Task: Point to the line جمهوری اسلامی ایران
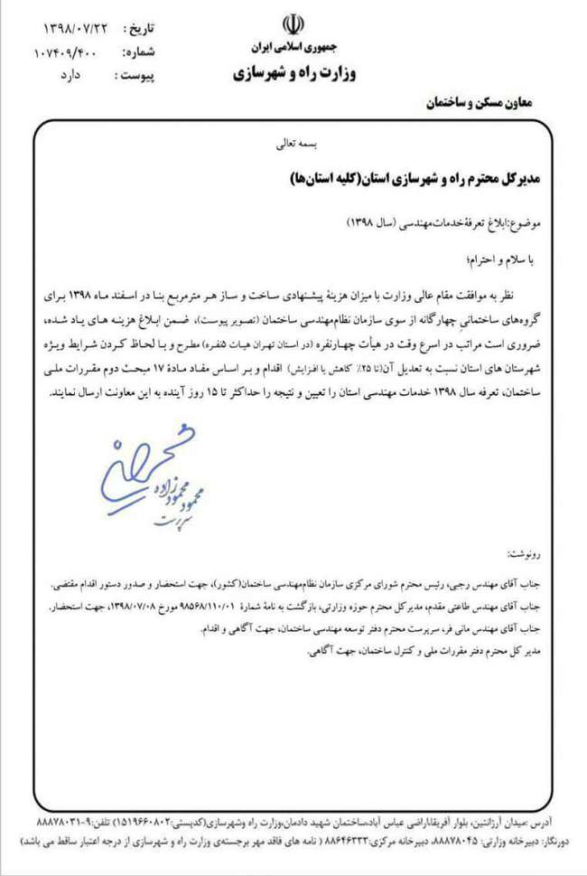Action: point(290,45)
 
